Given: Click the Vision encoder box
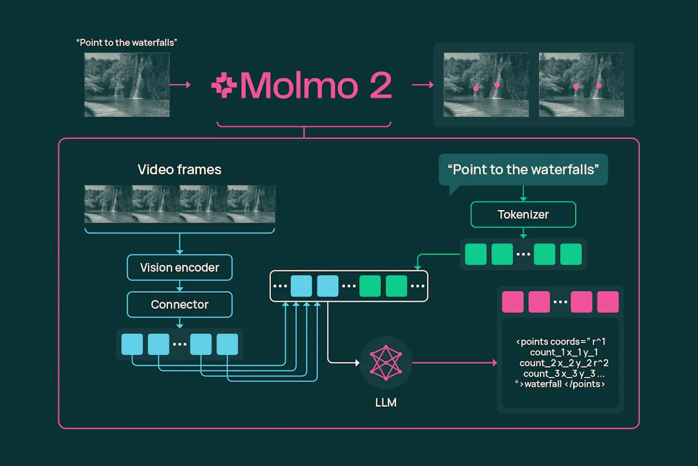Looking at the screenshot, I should [x=179, y=268].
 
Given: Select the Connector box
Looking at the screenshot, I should [x=179, y=304].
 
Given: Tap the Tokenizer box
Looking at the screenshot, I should [x=523, y=215].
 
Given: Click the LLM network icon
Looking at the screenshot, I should [x=385, y=362].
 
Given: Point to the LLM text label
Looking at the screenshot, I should [x=385, y=403].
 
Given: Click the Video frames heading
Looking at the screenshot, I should [x=179, y=170].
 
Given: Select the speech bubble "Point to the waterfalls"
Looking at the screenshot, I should [x=523, y=170].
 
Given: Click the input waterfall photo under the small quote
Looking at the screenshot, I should [x=127, y=85].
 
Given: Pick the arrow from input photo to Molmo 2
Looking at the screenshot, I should [x=181, y=85].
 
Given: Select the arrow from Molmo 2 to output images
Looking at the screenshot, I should [x=423, y=85].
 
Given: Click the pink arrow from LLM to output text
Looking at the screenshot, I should [x=454, y=363].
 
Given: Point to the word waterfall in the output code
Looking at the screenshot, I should [x=543, y=384].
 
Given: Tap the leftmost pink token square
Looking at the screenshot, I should [x=512, y=302].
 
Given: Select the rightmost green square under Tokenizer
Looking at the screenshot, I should [x=570, y=254].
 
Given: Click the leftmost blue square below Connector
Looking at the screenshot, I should [x=132, y=344].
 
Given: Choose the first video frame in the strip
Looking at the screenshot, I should [x=108, y=204].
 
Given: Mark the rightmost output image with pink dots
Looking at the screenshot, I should [x=581, y=85].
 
